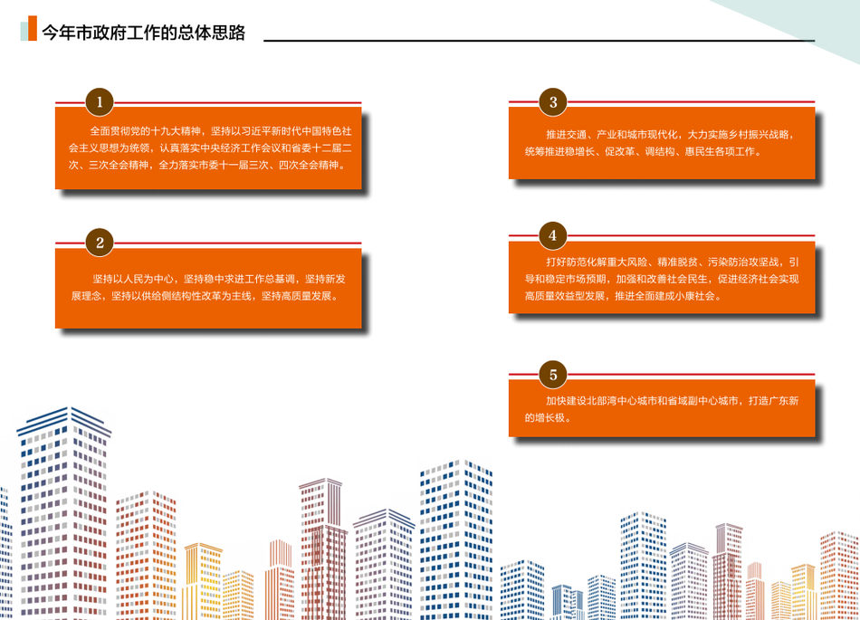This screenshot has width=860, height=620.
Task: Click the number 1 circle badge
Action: tap(100, 102)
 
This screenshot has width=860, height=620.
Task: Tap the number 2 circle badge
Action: tap(100, 243)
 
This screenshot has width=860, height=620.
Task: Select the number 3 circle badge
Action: tap(553, 102)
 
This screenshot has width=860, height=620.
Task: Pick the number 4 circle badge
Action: tap(553, 235)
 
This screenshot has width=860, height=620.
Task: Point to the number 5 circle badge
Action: tap(553, 375)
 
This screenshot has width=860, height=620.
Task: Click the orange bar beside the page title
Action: tap(33, 28)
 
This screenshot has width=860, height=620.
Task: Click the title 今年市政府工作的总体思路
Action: tap(144, 33)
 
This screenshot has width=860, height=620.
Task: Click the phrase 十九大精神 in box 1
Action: tap(176, 131)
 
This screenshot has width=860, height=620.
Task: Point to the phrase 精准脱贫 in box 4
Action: tap(678, 262)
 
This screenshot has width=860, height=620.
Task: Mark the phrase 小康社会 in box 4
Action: tap(695, 296)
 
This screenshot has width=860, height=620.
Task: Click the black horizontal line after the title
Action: tap(540, 41)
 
